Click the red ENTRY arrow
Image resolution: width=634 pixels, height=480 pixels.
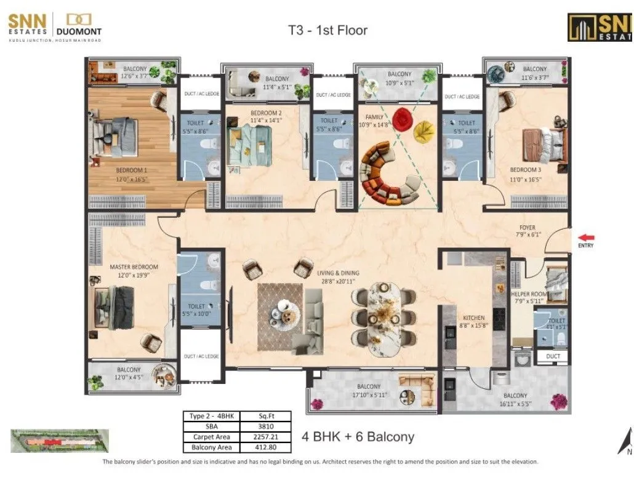pos(586,237)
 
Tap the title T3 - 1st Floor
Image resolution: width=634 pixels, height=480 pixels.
pos(327,30)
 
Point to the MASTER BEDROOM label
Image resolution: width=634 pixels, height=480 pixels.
pos(134,267)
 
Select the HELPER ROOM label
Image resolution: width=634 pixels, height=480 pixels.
pos(529,294)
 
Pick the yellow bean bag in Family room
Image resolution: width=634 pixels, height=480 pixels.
pos(423,130)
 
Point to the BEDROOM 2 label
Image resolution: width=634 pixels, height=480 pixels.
pos(266,113)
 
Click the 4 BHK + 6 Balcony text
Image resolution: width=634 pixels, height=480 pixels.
pos(358,437)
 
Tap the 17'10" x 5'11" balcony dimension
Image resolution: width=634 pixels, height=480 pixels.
pos(369,395)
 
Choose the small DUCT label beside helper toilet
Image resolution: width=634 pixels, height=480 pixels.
pos(553,356)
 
